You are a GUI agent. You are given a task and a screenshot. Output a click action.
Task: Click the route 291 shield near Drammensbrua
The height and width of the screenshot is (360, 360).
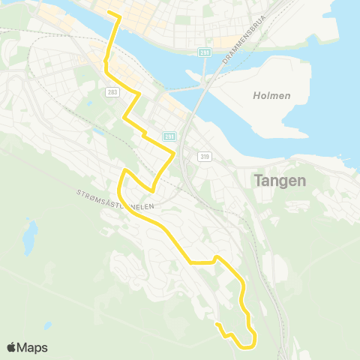click(204, 52)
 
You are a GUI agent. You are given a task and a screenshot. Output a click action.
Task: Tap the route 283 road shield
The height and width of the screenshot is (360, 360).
click(112, 92)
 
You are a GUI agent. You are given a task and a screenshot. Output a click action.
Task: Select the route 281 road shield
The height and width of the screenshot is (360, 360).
click(169, 136)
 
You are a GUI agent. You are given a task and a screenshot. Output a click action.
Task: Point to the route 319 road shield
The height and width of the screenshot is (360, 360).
click(204, 156)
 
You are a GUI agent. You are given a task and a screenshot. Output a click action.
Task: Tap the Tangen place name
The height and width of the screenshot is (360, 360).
click(280, 180)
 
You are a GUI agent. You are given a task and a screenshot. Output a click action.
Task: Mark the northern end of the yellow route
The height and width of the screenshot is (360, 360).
click(109, 13)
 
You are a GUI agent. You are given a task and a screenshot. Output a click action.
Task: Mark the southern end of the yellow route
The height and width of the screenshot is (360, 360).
click(217, 324)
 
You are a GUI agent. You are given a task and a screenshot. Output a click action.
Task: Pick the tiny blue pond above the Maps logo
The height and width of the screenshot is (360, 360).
click(48, 325)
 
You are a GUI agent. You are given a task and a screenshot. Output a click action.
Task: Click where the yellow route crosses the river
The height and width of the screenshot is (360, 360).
click(112, 37)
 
